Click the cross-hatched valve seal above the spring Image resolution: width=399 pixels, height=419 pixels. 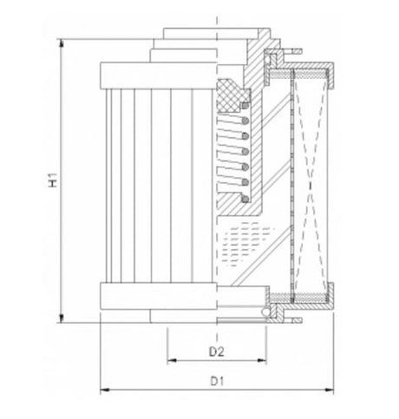click(232, 88)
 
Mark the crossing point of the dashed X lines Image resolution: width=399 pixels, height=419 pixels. click(311, 185)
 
